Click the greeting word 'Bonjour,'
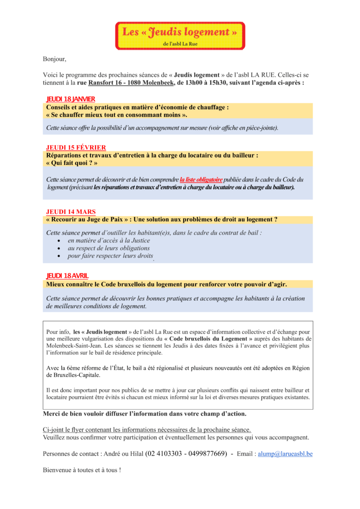[54, 59]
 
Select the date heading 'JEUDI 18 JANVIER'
[71, 99]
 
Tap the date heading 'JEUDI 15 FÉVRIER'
[76, 147]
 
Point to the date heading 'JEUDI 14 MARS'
[71, 211]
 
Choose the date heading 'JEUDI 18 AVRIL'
[68, 276]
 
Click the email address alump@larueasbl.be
[285, 454]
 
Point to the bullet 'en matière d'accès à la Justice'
[109, 240]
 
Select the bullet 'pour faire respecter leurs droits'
[110, 256]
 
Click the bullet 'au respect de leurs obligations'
[108, 248]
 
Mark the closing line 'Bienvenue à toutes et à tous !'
[82, 469]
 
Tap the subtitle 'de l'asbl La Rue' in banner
[180, 44]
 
